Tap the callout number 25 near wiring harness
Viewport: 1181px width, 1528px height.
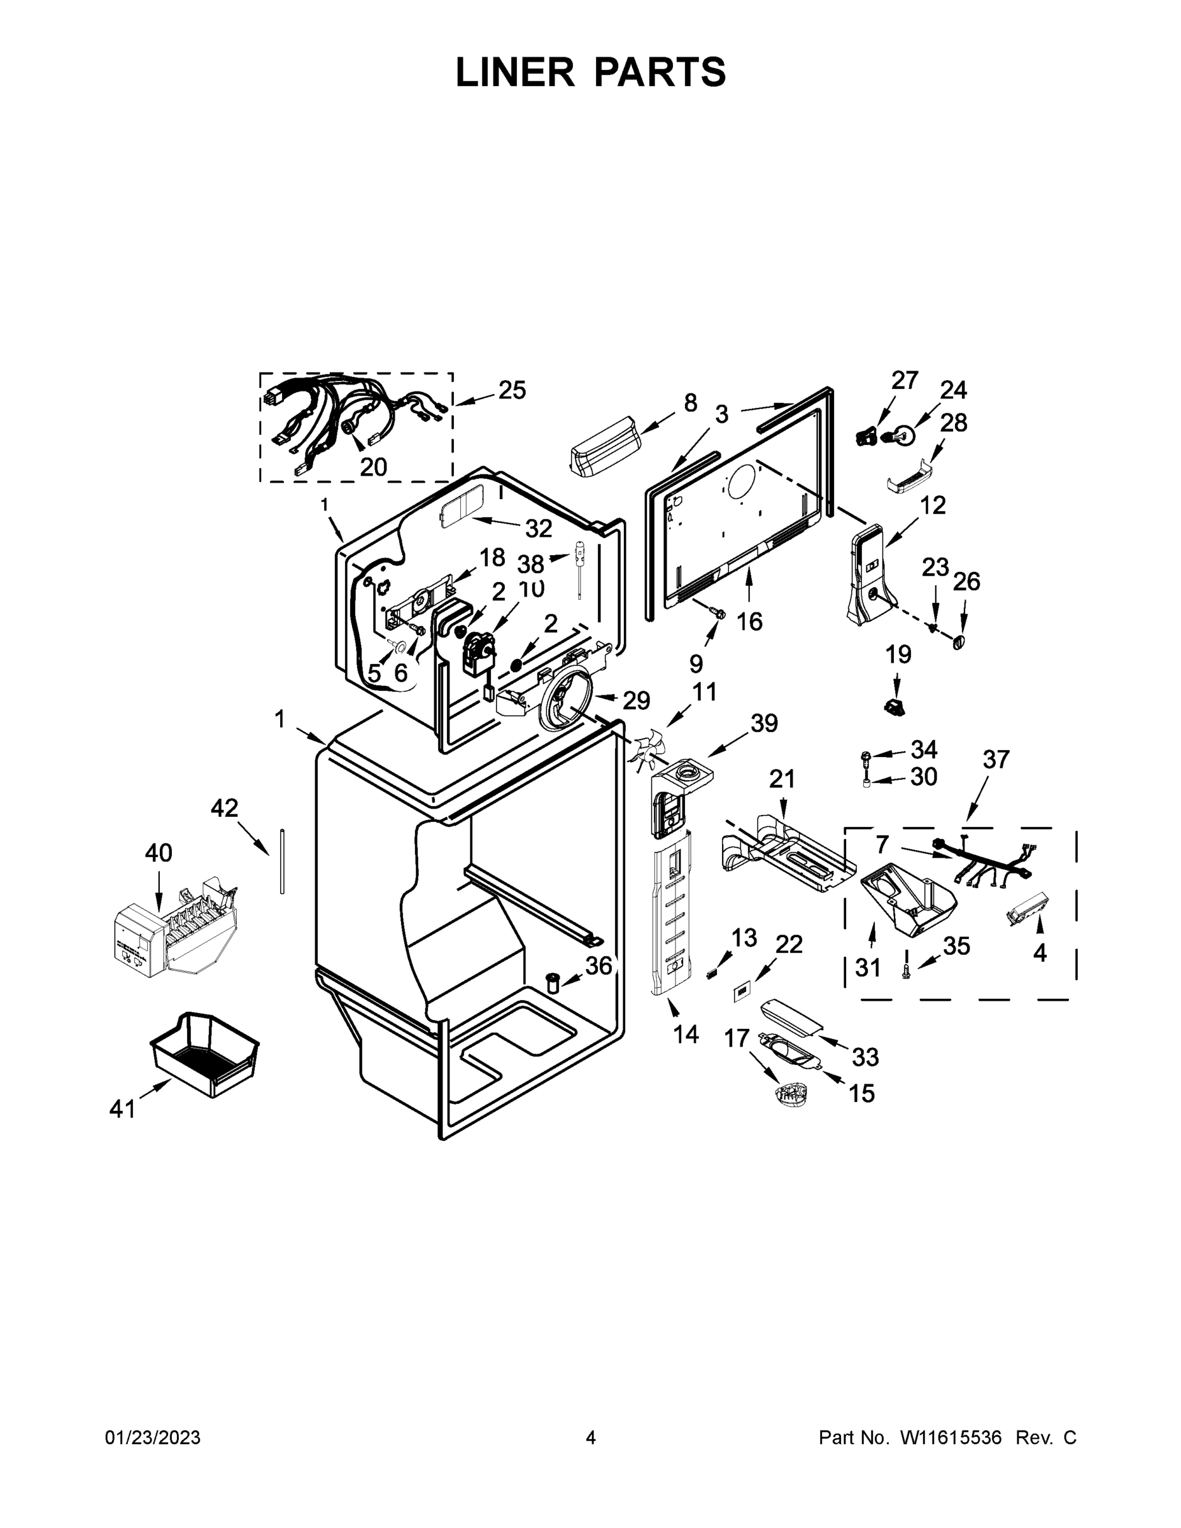511,390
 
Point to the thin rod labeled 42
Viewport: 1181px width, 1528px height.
281,861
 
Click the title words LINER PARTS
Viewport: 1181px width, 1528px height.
591,72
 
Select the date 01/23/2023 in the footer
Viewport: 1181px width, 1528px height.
153,1438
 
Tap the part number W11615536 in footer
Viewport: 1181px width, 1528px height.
950,1438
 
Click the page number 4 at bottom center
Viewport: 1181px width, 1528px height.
591,1438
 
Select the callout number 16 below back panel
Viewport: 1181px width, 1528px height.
749,621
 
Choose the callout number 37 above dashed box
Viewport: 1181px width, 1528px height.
996,759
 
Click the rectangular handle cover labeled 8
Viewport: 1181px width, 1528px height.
605,446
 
